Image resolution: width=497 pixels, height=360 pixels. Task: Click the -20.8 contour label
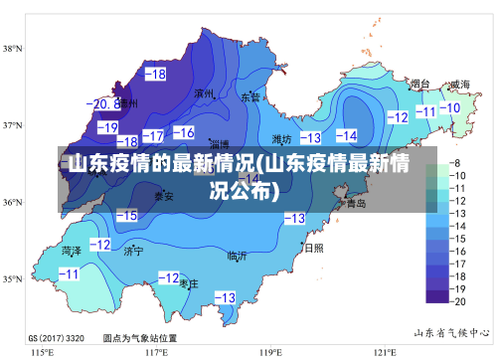click(x=103, y=103)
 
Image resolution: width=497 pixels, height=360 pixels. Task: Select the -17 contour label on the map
click(x=153, y=134)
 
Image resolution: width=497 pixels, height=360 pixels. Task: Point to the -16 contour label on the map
click(x=184, y=132)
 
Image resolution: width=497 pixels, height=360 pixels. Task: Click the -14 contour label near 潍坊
click(x=346, y=135)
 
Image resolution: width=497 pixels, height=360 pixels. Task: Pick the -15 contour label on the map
click(x=126, y=215)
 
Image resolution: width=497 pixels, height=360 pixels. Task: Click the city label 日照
click(x=313, y=248)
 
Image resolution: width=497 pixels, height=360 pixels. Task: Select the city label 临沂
click(x=237, y=256)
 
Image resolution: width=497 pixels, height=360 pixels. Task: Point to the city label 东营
click(x=249, y=97)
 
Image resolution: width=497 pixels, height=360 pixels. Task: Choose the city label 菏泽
click(x=72, y=250)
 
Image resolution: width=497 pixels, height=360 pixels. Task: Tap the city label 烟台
click(x=419, y=85)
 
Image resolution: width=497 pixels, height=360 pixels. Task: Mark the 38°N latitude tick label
click(x=13, y=48)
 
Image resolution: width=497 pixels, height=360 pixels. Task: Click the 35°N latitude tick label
click(x=13, y=279)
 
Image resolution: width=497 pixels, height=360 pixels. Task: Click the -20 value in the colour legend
click(x=458, y=299)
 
